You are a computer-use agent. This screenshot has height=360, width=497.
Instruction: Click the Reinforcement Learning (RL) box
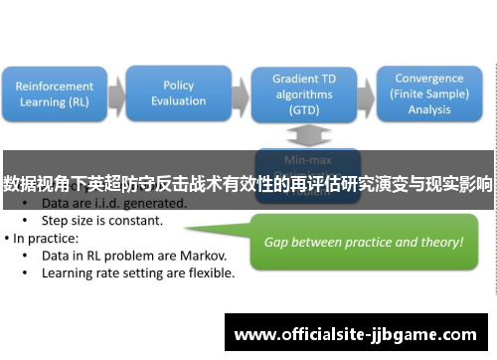click(56, 94)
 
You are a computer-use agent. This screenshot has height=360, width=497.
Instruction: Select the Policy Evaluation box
click(178, 93)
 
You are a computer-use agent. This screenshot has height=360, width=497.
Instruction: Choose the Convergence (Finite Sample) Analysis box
click(428, 93)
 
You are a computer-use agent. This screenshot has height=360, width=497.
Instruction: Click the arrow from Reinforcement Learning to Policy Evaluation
click(117, 94)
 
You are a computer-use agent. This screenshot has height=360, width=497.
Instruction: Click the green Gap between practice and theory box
click(363, 242)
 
